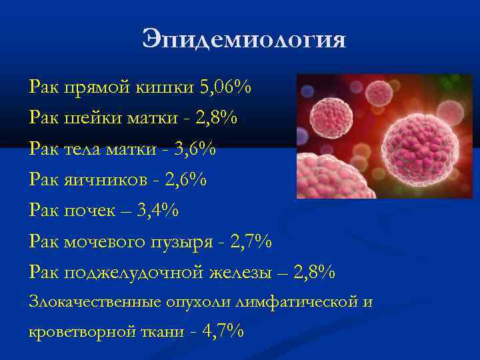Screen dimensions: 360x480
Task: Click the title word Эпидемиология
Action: point(244,40)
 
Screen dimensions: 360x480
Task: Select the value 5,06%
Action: point(226,87)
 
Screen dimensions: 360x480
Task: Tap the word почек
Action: point(86,211)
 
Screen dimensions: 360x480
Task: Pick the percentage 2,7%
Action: point(251,241)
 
